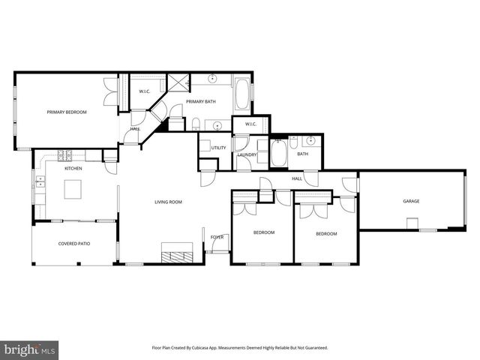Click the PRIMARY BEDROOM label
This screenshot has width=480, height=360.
click(x=67, y=112)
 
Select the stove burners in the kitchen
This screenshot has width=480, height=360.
click(x=64, y=155)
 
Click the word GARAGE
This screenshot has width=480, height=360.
click(x=411, y=201)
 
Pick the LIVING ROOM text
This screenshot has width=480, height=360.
click(x=169, y=202)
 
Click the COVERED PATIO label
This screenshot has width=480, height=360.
click(x=73, y=244)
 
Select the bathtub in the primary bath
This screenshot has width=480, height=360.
click(x=241, y=94)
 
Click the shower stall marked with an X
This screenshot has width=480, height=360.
click(x=178, y=82)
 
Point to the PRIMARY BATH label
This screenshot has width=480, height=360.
click(x=200, y=102)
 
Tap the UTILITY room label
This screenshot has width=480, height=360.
click(x=218, y=148)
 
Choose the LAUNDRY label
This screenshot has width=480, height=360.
click(x=247, y=154)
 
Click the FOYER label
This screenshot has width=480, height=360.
click(x=217, y=237)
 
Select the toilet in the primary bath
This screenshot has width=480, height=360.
click(x=195, y=124)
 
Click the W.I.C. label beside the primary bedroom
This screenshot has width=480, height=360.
click(x=145, y=91)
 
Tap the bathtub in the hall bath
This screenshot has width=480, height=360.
click(x=277, y=153)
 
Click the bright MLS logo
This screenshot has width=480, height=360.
click(x=30, y=349)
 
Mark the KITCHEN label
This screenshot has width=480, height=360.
click(x=73, y=168)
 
